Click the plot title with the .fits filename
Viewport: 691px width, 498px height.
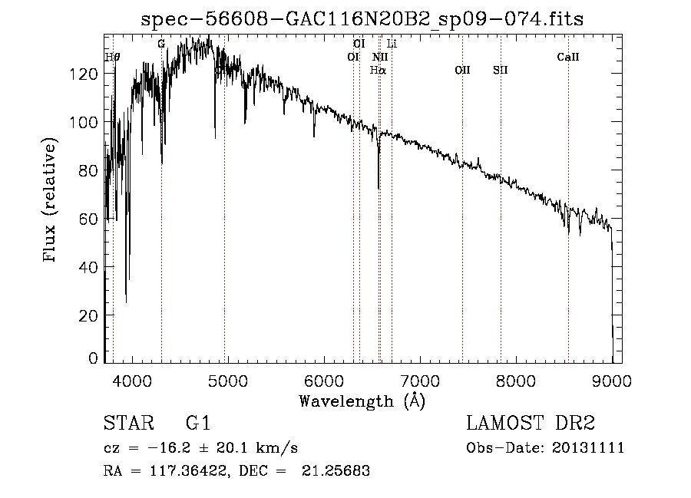click(x=362, y=19)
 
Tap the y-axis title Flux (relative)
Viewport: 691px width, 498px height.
click(x=51, y=201)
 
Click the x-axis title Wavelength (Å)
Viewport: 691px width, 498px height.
click(x=362, y=401)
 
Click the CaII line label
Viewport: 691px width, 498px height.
click(x=567, y=57)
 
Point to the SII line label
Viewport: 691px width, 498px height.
click(x=501, y=70)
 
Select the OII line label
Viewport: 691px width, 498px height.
click(x=461, y=70)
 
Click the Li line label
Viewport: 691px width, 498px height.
click(x=392, y=44)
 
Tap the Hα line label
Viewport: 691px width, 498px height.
click(x=378, y=70)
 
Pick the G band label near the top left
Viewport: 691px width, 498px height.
click(x=161, y=44)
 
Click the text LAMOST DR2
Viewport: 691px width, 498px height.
click(x=531, y=424)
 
